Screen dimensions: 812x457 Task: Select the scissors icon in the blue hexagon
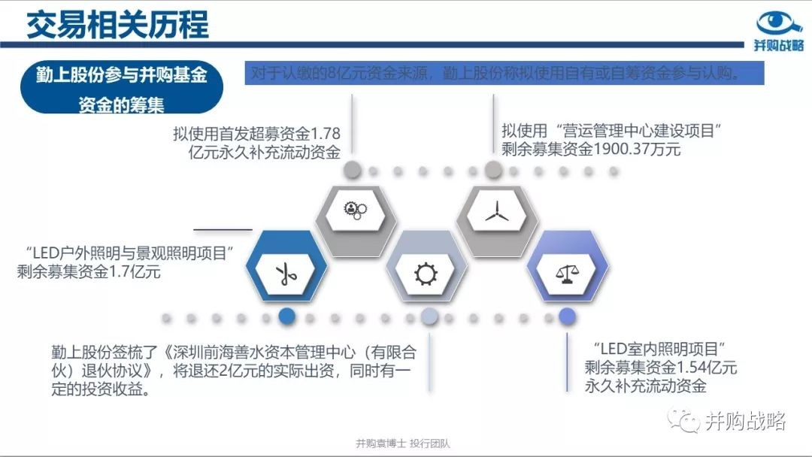point(286,274)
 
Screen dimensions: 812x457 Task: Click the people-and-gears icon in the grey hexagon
point(355,210)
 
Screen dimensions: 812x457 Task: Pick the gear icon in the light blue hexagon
point(426,274)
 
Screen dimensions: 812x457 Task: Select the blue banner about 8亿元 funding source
point(504,73)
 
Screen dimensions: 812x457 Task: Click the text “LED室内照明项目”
point(659,349)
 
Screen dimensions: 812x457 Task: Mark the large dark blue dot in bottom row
point(287,316)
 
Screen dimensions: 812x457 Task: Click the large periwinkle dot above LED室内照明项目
point(567,316)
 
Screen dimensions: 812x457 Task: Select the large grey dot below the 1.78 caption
point(352,170)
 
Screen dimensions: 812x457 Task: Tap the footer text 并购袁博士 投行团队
point(403,443)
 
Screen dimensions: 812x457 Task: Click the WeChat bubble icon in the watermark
point(683,420)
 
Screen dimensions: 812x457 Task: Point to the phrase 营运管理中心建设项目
point(638,131)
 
